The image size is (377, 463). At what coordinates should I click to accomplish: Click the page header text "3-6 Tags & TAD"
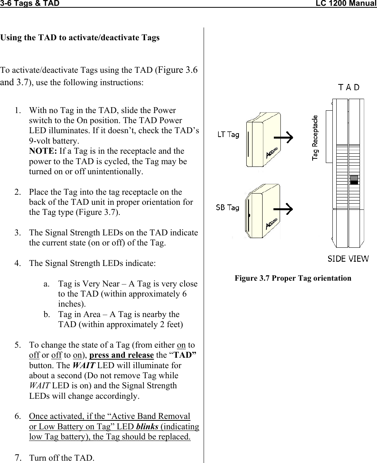[x=30, y=4]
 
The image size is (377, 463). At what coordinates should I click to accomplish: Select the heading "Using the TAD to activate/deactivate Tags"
[x=80, y=38]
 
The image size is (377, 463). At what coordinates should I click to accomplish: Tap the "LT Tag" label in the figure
[x=228, y=135]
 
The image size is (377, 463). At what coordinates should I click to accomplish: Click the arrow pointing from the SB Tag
[x=283, y=209]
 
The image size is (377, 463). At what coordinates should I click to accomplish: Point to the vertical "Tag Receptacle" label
[x=316, y=137]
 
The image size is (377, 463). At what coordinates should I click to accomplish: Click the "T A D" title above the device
[x=349, y=87]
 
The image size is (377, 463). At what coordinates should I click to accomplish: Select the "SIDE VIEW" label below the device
[x=348, y=259]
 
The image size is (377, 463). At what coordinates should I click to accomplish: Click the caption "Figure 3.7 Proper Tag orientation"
[x=293, y=278]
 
